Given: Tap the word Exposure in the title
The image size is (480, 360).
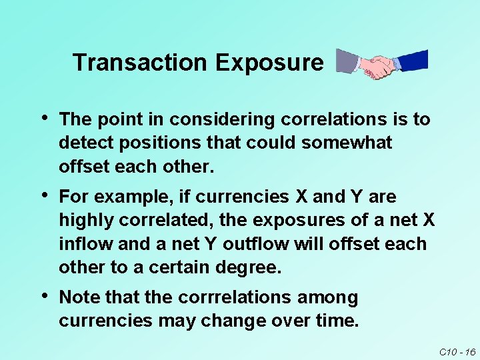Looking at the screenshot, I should click(269, 63).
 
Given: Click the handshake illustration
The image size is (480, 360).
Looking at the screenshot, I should click(381, 64).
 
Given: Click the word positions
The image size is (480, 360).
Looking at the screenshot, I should click(145, 143).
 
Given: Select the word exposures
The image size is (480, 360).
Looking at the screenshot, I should click(289, 221).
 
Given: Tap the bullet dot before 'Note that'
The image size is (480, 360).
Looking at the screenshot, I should click(43, 296).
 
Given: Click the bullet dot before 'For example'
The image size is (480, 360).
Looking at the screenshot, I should click(43, 195).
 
